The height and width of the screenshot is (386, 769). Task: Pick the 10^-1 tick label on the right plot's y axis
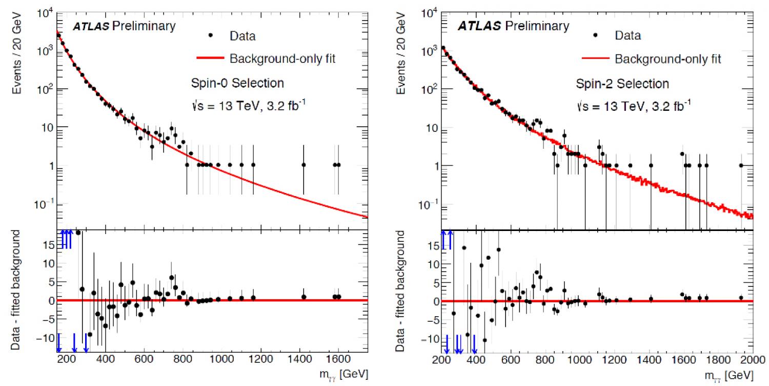tap(431, 206)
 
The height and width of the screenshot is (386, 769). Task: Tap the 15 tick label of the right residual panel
tap(432, 246)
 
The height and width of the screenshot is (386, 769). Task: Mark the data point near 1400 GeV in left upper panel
tap(303, 165)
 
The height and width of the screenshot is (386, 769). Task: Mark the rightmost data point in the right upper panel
tap(741, 165)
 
